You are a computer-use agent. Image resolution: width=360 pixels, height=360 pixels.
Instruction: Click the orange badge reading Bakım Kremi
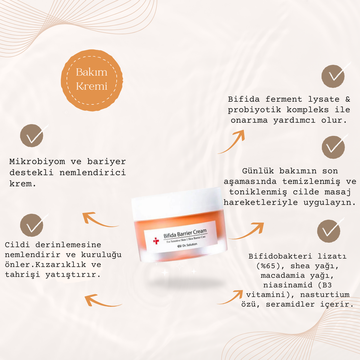(x=92, y=80)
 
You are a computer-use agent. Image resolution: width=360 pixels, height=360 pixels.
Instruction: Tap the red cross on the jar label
(x=156, y=241)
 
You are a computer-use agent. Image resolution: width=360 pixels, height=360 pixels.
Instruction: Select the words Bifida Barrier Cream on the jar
(x=185, y=234)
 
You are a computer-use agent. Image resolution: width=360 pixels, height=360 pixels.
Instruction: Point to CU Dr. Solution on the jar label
(x=187, y=245)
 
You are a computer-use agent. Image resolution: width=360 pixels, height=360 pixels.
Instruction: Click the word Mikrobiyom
(x=37, y=161)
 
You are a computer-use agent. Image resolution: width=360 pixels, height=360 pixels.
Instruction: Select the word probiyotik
(x=254, y=110)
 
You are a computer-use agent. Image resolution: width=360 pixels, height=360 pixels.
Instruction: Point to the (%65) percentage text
(x=268, y=266)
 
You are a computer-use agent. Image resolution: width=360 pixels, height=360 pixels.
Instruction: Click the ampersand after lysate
(x=348, y=99)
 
